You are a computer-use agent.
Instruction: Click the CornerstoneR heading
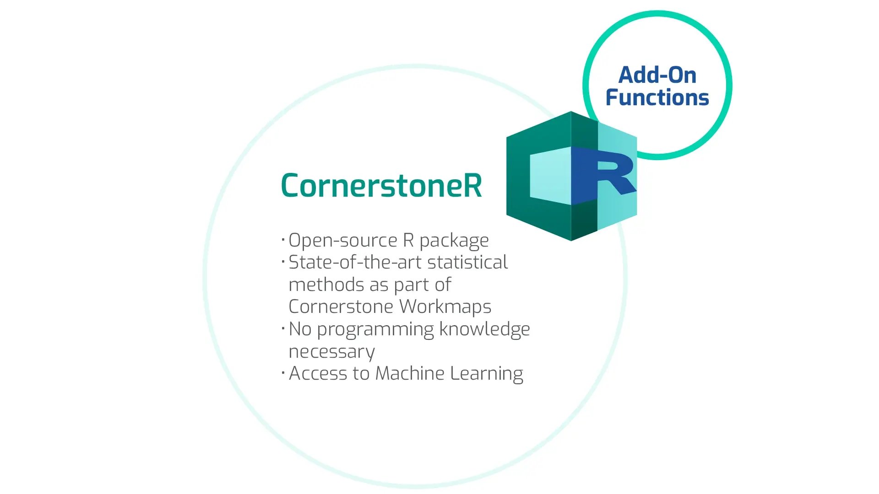point(381,186)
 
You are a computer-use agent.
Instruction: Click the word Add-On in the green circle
point(657,75)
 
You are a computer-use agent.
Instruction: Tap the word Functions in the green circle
point(657,97)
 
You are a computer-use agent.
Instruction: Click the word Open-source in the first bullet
point(343,240)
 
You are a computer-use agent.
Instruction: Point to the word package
point(454,241)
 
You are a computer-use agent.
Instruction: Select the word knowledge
point(484,329)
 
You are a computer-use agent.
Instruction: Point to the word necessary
point(331,352)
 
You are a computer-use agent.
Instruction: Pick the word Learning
point(486,374)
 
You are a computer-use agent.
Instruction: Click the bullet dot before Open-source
point(283,239)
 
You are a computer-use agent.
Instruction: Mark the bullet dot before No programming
point(283,328)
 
